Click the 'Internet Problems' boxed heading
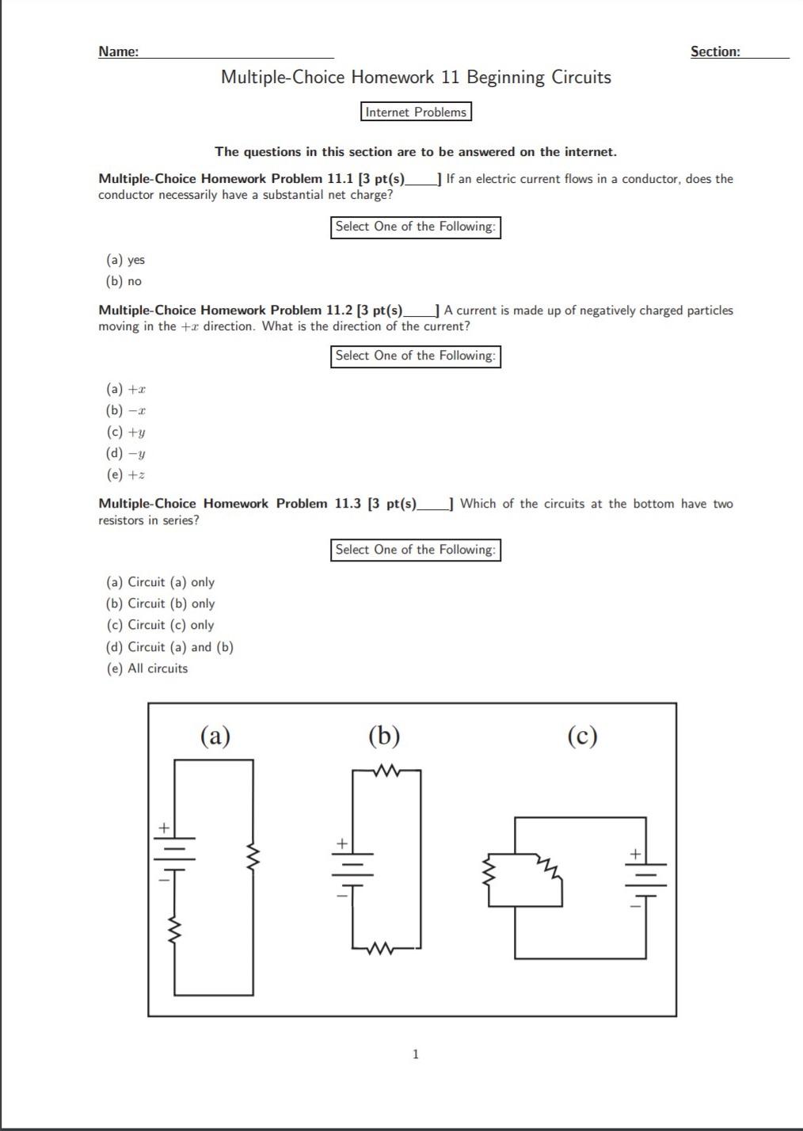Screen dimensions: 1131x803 416,112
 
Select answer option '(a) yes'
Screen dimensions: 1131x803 126,260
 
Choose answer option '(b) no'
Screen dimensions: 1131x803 124,281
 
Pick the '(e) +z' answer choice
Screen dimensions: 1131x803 126,474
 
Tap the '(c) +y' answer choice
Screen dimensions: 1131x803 126,432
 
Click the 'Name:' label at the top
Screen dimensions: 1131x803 118,51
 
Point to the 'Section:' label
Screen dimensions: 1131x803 715,51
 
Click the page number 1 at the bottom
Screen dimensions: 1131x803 416,1053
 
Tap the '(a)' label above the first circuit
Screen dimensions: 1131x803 215,736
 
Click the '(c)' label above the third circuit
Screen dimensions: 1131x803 582,736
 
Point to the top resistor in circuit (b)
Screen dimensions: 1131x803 386,770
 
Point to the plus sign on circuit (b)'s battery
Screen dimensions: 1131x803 341,843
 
